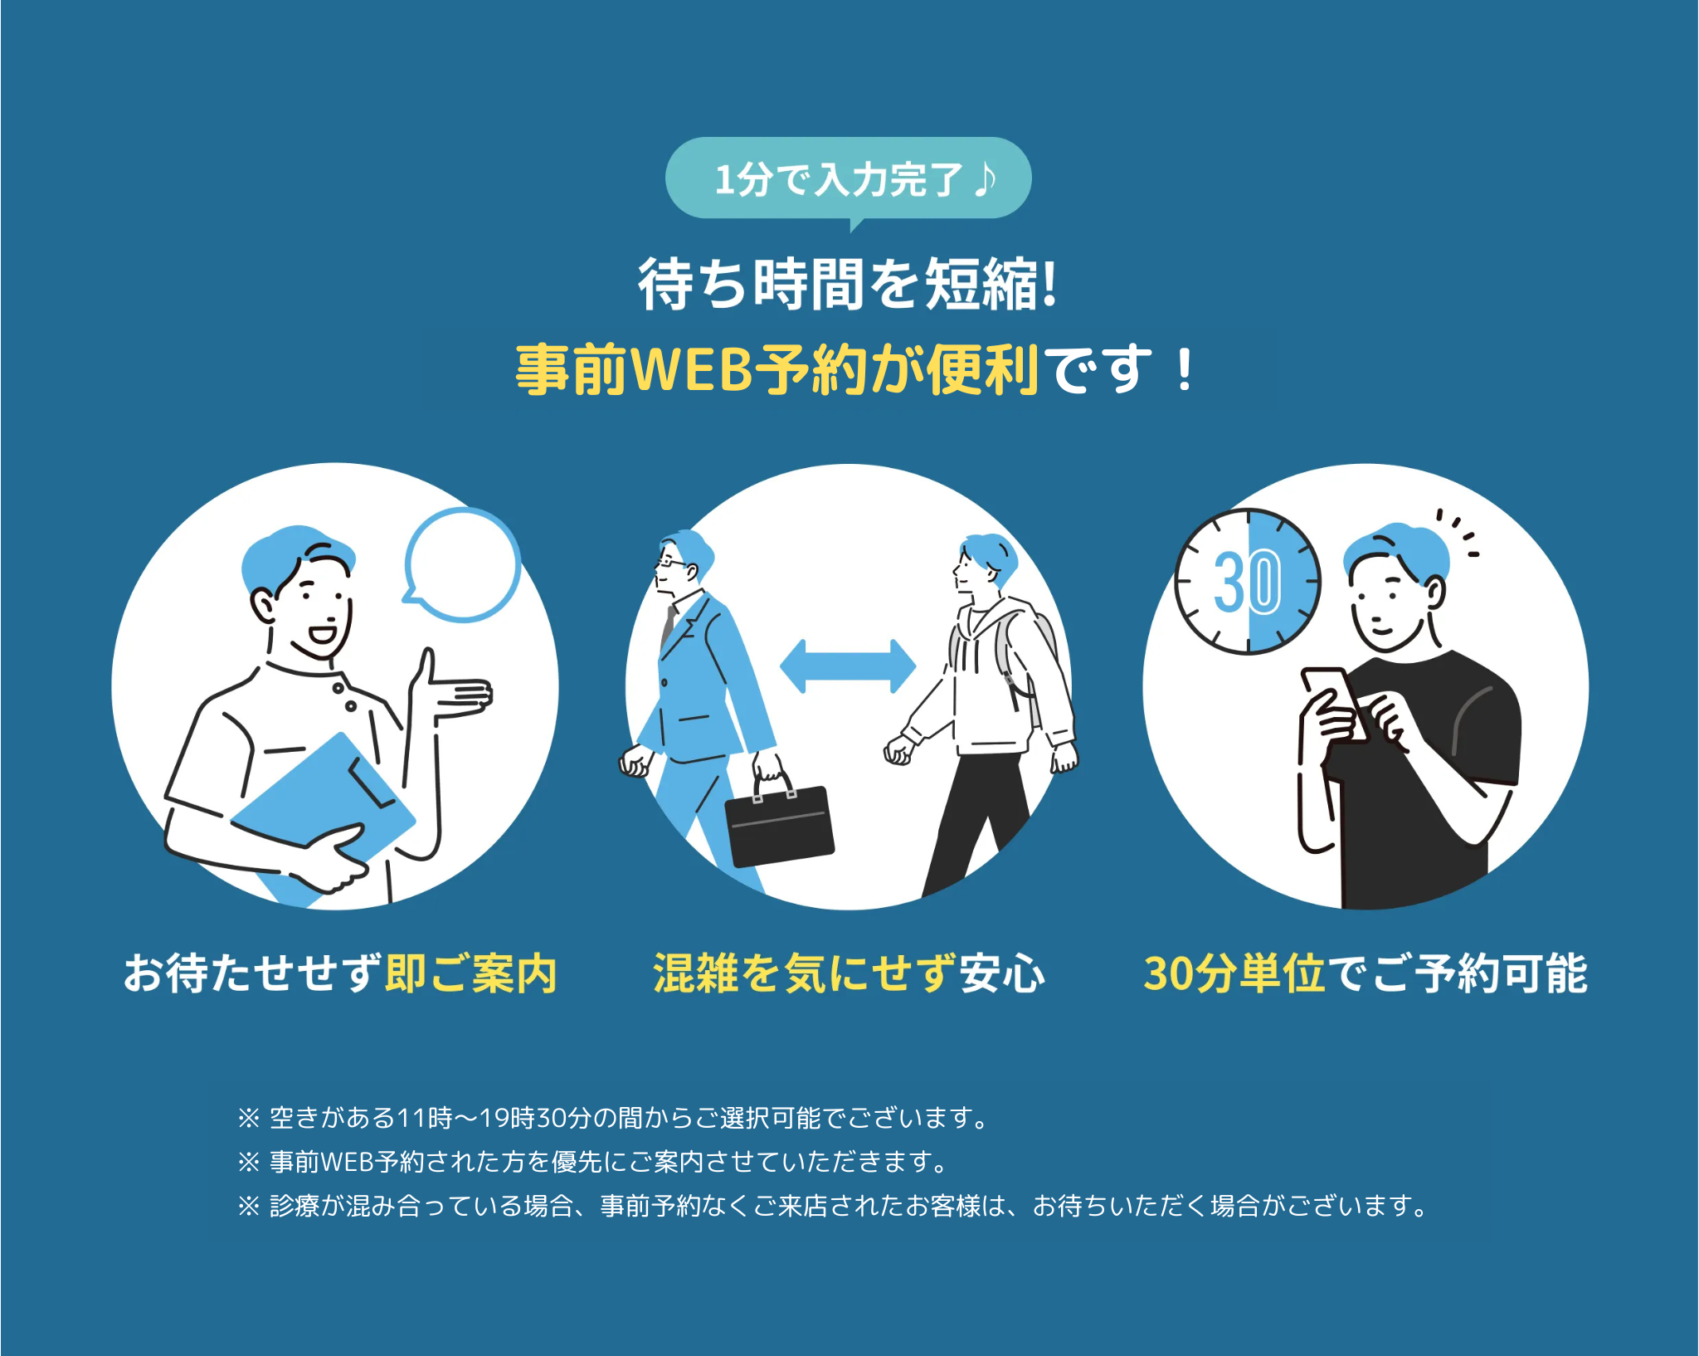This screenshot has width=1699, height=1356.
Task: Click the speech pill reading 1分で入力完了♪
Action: coord(848,178)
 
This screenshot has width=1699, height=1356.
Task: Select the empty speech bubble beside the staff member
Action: coord(463,564)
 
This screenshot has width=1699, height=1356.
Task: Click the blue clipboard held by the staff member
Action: coord(332,797)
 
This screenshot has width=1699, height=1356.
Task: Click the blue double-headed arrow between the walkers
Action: coord(848,666)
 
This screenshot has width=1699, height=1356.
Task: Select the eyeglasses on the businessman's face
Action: coord(670,563)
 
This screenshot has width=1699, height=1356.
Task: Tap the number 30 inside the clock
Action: coord(1247,582)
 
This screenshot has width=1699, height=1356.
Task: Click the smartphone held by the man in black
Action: coord(1331,697)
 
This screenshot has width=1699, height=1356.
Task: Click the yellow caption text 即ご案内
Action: coord(470,973)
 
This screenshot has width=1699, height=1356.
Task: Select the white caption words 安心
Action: coord(1002,973)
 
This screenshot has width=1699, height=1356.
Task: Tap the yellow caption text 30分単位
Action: coord(1234,973)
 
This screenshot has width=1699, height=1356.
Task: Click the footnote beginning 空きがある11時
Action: coord(614,1118)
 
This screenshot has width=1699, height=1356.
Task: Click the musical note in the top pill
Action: coord(985,178)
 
